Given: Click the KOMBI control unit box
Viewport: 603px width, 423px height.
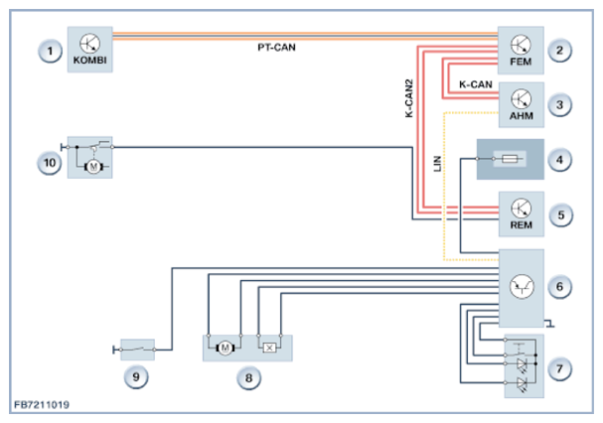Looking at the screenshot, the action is tap(90, 50).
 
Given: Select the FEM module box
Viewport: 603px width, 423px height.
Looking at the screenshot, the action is tap(521, 51).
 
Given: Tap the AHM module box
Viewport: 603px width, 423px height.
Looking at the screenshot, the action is tap(522, 104).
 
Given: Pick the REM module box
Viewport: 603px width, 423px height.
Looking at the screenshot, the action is tap(522, 213).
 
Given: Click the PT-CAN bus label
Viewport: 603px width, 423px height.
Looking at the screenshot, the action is tap(276, 48).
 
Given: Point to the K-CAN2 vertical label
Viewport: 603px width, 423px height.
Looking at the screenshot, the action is tap(409, 98).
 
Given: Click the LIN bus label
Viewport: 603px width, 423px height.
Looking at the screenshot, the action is tap(437, 164).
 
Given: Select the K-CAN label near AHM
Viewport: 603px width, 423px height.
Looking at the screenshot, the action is tap(475, 84).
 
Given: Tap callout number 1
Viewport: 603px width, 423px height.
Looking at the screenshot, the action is tap(50, 51).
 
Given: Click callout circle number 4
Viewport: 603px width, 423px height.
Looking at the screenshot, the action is tap(559, 160).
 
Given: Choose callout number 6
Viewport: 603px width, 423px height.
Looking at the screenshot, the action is tap(559, 287).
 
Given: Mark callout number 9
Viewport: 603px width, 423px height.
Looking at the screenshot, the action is tap(136, 377).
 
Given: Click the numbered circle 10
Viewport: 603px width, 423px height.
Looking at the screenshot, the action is tap(50, 163).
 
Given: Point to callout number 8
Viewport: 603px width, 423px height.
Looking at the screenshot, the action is tap(248, 377).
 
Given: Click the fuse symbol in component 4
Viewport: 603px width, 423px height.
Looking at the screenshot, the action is tap(510, 159).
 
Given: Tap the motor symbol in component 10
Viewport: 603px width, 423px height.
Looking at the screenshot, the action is tap(93, 167).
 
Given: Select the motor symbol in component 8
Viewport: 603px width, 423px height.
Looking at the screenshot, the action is tap(226, 349).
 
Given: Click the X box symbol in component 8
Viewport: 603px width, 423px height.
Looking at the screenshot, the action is tap(269, 348).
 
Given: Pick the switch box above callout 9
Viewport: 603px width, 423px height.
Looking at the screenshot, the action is tap(138, 350).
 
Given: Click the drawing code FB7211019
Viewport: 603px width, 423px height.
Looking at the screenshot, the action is tap(42, 405).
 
